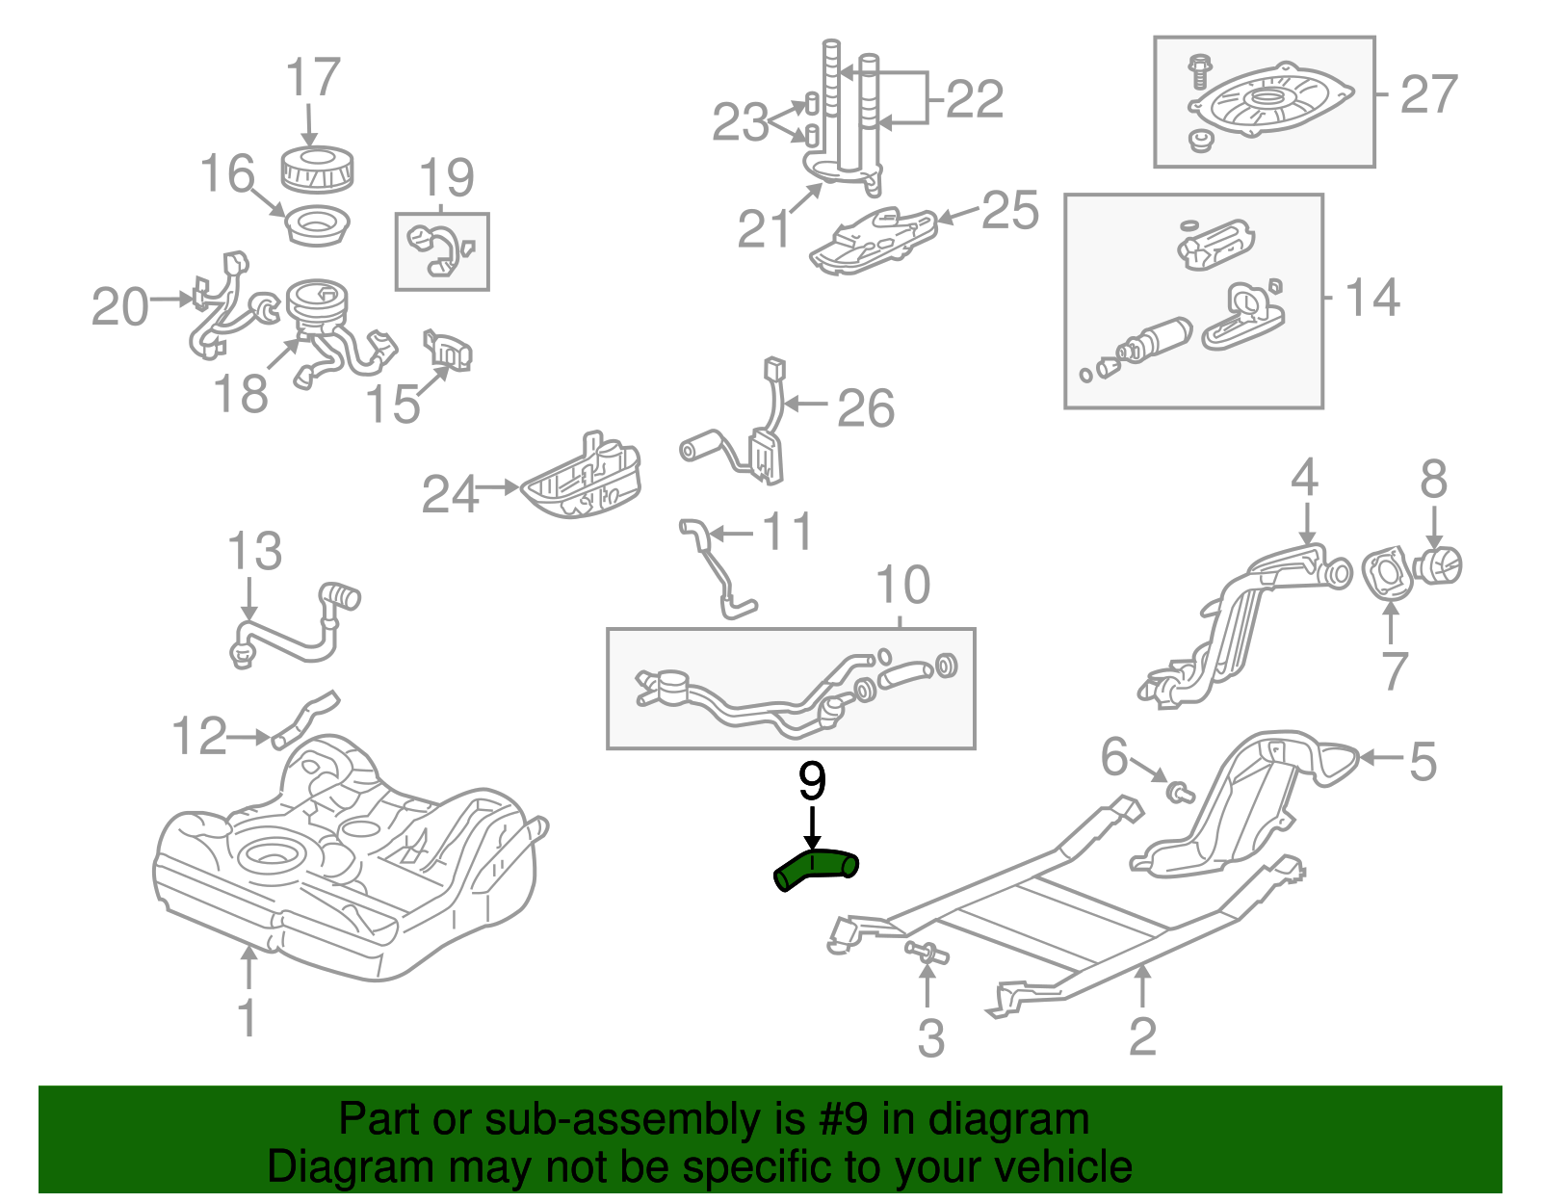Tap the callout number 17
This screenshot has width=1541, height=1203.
click(314, 78)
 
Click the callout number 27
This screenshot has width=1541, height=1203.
click(1428, 95)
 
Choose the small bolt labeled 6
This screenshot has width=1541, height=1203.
click(1179, 793)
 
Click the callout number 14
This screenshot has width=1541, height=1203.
click(1372, 299)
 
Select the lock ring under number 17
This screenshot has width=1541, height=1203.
click(318, 170)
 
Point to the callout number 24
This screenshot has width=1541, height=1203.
click(450, 495)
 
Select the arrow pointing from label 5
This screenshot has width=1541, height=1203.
click(1380, 758)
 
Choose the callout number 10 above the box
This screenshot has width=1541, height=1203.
click(902, 585)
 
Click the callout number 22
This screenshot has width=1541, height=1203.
click(975, 99)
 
